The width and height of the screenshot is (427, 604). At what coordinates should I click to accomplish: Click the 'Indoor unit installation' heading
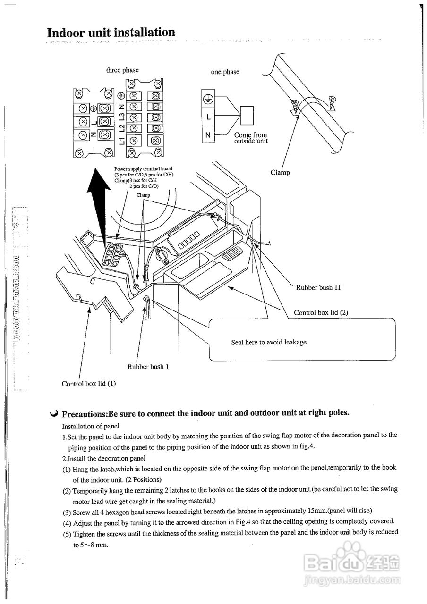pos(111,33)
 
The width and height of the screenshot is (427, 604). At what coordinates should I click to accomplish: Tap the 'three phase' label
pos(122,70)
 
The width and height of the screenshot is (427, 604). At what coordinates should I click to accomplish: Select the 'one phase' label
pos(225,72)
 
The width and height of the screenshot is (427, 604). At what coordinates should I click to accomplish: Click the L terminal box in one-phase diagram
pos(208,117)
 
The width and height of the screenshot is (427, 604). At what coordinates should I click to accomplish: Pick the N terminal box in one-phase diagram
pos(208,135)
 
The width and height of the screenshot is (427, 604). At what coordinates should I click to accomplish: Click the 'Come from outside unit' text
pos(250,138)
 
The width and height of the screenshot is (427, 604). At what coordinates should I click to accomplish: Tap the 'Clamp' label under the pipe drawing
pos(280,173)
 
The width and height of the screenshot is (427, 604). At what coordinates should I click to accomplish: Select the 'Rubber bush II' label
pos(318,287)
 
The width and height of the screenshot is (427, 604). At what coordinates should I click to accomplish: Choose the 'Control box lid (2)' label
pos(321,312)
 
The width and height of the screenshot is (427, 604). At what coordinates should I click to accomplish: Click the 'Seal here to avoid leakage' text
pos(268,342)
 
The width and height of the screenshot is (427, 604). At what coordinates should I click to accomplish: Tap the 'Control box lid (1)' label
pos(88,384)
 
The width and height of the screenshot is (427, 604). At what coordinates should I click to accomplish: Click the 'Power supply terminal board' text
pos(143,169)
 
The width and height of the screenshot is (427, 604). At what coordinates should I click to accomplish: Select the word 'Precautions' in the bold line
pos(85,413)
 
